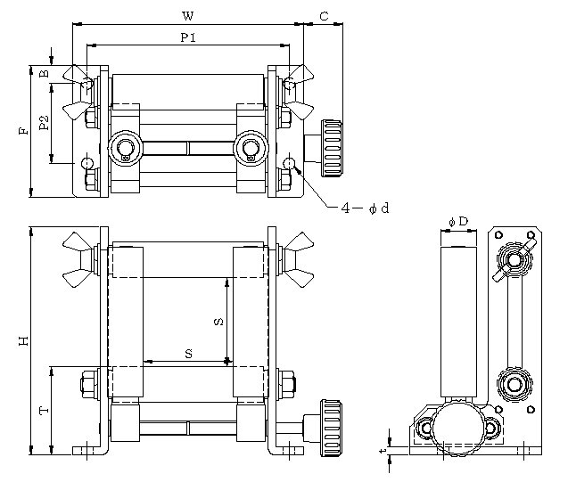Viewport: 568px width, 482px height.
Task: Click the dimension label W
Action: point(188,15)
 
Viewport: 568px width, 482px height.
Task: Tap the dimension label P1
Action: point(188,37)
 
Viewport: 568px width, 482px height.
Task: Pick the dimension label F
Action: point(23,130)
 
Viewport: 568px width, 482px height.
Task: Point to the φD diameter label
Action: point(458,220)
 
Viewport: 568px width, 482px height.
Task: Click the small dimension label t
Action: point(383,452)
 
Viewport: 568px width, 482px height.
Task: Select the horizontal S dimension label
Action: point(188,354)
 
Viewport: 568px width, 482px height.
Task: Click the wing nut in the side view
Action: point(515,257)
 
